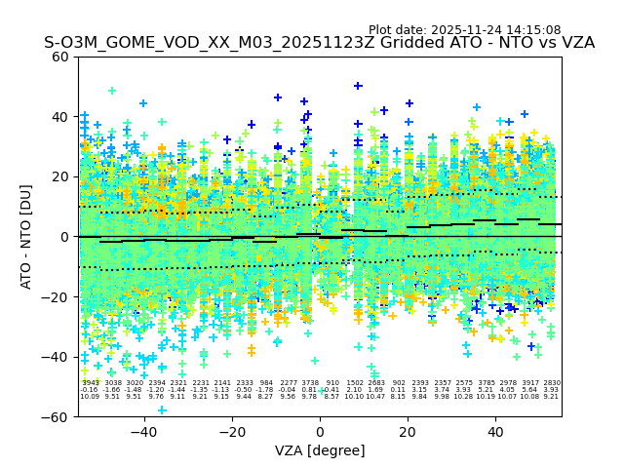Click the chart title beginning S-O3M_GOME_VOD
tap(319, 44)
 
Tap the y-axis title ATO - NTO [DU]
tap(26, 237)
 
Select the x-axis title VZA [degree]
tap(319, 450)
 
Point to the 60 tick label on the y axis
tap(60, 57)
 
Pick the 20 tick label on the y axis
tap(60, 176)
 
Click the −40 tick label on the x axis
tap(143, 432)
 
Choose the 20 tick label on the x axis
tap(408, 432)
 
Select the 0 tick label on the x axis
tap(320, 432)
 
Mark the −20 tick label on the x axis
tap(231, 432)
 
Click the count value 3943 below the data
tap(90, 383)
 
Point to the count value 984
tap(266, 383)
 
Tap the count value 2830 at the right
tap(552, 383)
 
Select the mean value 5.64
tap(529, 390)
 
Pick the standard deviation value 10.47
tap(376, 397)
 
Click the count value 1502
tap(355, 383)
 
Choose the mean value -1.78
tap(265, 390)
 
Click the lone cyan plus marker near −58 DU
tap(163, 409)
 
